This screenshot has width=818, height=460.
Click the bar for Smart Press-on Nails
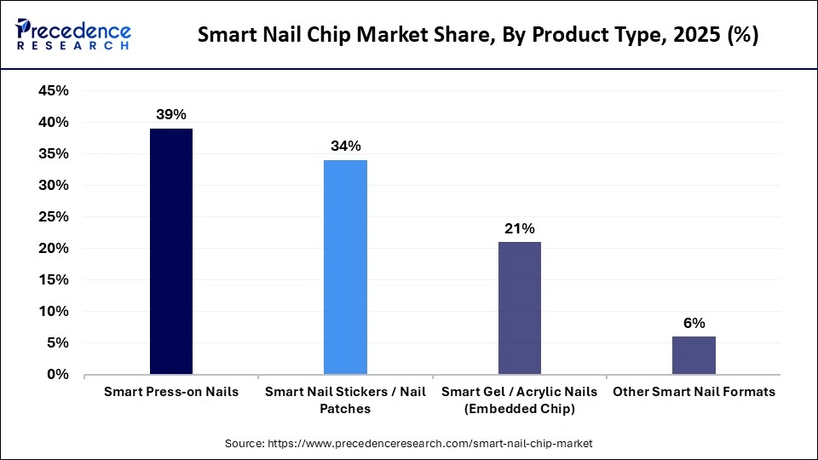[171, 251]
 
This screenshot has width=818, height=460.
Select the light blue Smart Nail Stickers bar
[345, 267]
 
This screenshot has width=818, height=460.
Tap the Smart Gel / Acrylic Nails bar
[519, 308]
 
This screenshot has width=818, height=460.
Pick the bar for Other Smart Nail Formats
[694, 355]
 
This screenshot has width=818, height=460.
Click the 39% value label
[171, 114]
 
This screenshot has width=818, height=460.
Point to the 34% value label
[345, 146]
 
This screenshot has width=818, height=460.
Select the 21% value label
[519, 228]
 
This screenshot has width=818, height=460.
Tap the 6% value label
[694, 323]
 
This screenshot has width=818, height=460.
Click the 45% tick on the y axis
[54, 91]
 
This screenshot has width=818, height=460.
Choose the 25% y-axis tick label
[54, 217]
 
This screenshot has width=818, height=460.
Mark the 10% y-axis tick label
[54, 312]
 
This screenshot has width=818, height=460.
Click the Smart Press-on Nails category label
[171, 392]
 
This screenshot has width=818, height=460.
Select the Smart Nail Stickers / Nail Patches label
[345, 400]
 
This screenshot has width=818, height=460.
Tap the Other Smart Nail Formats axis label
[694, 392]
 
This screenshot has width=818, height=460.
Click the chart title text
[478, 36]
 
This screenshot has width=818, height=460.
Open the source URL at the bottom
[408, 444]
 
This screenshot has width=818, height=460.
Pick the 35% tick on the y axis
[54, 154]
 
